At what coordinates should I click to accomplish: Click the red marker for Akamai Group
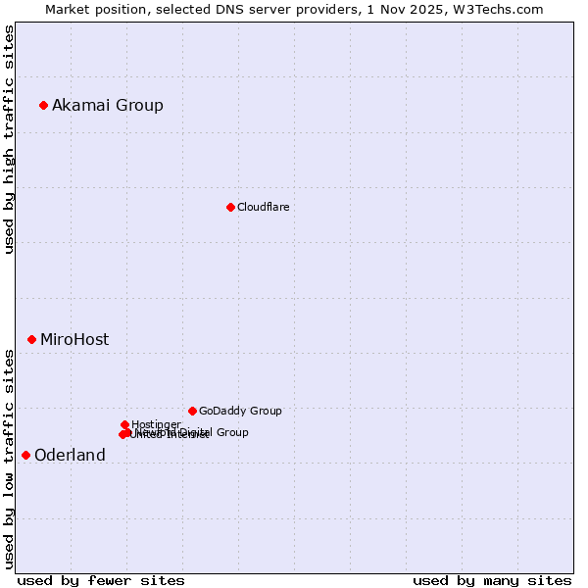click(x=43, y=105)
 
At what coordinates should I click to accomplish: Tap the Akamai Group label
click(x=108, y=106)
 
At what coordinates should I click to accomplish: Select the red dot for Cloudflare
click(x=230, y=207)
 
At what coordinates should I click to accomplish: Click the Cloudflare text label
click(x=263, y=207)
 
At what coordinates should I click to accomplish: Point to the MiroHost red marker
click(x=31, y=339)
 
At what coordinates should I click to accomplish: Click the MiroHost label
click(x=74, y=340)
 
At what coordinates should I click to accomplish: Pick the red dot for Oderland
click(x=25, y=455)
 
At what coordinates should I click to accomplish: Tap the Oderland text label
click(x=70, y=456)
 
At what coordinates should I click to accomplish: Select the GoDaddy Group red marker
click(x=192, y=411)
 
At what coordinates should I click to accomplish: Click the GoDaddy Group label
click(x=240, y=411)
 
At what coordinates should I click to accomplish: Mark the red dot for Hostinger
click(x=124, y=424)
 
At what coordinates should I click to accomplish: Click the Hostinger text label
click(x=156, y=424)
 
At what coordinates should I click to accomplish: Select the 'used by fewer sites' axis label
click(x=101, y=580)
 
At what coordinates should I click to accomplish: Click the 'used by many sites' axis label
click(x=492, y=580)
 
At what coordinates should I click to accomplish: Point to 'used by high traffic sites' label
click(x=10, y=139)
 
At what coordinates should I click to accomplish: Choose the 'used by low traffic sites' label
click(x=10, y=458)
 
